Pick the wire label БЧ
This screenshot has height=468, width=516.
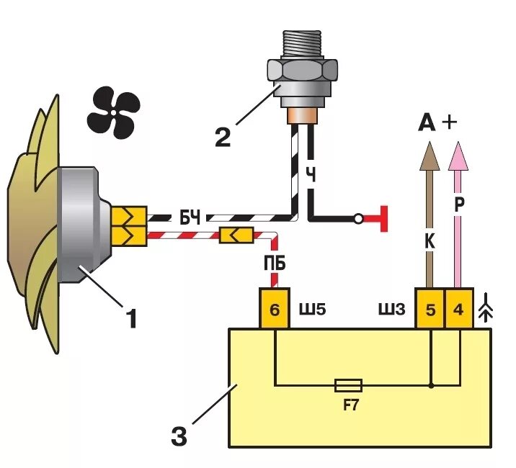[x=190, y=217]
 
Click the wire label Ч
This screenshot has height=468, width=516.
[x=311, y=175]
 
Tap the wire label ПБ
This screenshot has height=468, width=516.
[x=275, y=264]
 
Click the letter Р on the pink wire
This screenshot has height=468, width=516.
[x=459, y=204]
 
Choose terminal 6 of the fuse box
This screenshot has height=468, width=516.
[x=275, y=310]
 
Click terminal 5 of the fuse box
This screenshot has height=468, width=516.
[x=430, y=310]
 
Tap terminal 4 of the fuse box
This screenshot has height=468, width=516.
[x=459, y=310]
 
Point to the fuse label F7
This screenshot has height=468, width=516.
[x=350, y=405]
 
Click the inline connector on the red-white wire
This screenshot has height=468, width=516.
[x=236, y=235]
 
